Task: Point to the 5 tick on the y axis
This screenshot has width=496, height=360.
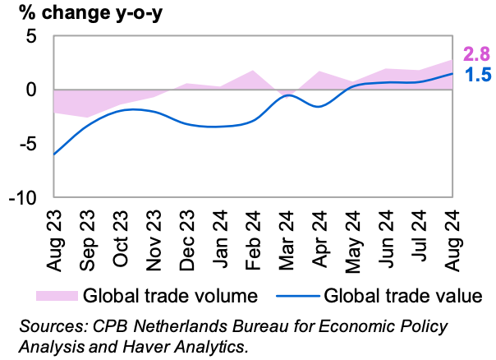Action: pyautogui.click(x=32, y=37)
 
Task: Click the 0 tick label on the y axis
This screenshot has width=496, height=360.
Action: pyautogui.click(x=32, y=90)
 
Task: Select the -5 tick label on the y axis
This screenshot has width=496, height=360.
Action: pyautogui.click(x=28, y=143)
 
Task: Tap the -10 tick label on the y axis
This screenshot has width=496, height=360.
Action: pyautogui.click(x=23, y=197)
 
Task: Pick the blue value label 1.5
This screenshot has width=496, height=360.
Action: pyautogui.click(x=477, y=76)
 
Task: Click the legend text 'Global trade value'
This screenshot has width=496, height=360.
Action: pyautogui.click(x=402, y=294)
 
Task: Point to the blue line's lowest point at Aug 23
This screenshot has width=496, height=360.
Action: pyautogui.click(x=54, y=154)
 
